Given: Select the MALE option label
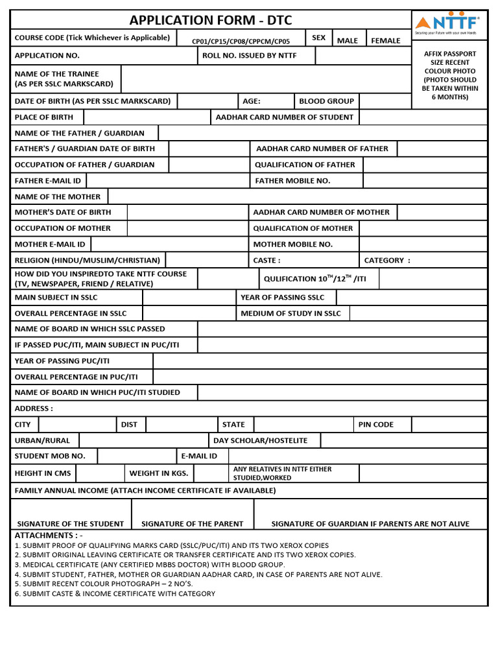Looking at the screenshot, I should [348, 41].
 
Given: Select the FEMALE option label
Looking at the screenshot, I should [385, 41].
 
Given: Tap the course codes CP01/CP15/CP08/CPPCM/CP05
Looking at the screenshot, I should [241, 41].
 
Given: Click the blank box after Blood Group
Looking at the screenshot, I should [385, 101].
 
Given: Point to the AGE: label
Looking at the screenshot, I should [252, 101].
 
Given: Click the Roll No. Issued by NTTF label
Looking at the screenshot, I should [249, 56].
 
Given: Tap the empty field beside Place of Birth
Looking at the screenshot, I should [147, 117].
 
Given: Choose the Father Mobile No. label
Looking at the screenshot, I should [292, 181].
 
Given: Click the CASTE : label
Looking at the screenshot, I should [267, 261].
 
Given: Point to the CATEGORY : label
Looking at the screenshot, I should [387, 261].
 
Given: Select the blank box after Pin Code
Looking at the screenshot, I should [449, 425].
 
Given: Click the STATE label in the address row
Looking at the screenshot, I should [233, 425].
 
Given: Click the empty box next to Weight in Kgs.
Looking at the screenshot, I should [211, 473].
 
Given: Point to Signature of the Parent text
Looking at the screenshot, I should [192, 524].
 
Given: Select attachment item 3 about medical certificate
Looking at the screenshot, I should [149, 565].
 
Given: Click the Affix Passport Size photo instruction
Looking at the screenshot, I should [449, 75].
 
